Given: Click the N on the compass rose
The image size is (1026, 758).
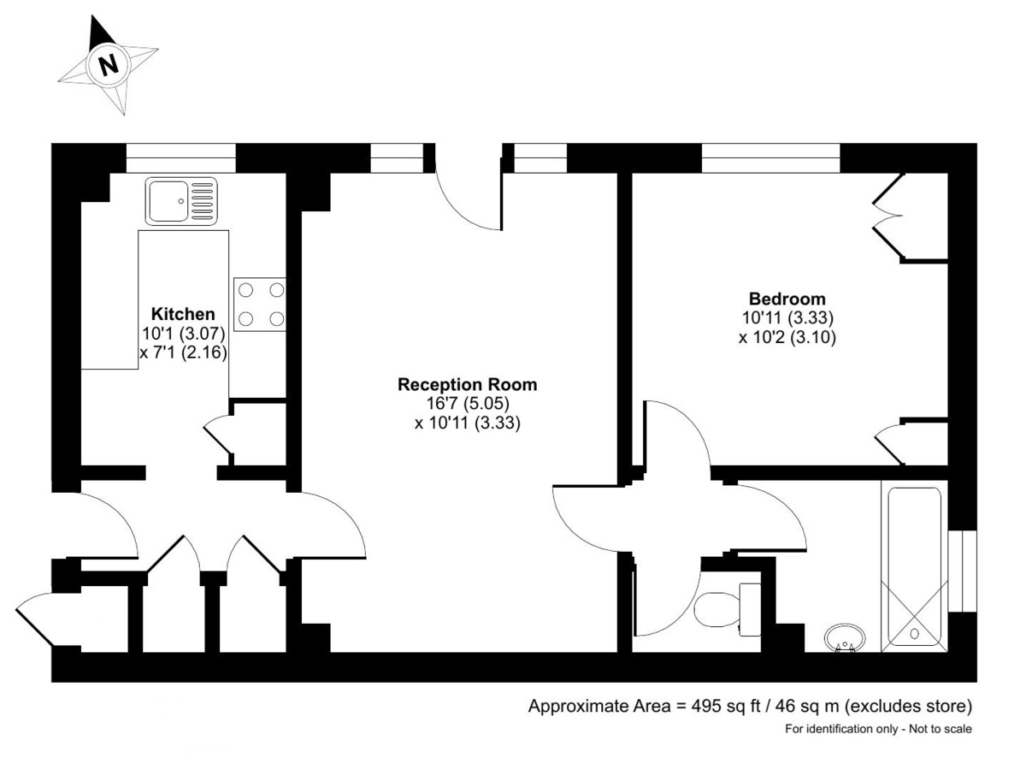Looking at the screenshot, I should point(108,64).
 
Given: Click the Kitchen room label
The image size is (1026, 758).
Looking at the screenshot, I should point(183,313).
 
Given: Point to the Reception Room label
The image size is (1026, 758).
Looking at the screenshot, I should point(467,385).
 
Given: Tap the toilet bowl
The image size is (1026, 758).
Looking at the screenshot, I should point(718,610).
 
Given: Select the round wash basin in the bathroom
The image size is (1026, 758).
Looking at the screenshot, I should point(845,637).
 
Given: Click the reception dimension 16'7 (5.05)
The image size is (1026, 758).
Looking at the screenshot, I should point(467,404).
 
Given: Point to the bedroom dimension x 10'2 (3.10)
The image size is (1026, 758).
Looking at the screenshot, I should point(787,337).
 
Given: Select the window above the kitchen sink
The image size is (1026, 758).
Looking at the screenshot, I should point(180,158).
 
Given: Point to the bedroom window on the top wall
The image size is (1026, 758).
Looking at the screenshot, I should point(770,158).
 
